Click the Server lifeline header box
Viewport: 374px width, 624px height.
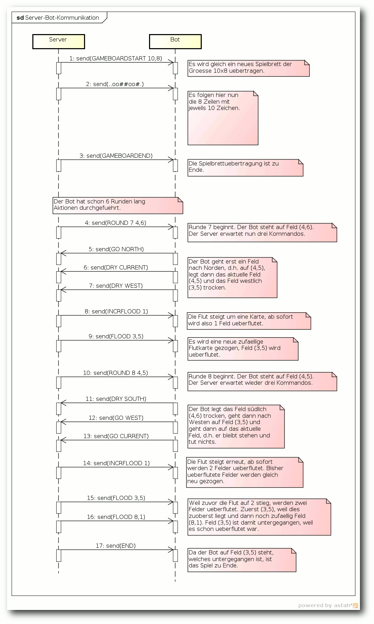click(58, 41)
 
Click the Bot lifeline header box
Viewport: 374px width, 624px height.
click(175, 41)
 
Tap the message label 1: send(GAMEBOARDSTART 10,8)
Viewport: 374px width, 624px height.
click(116, 58)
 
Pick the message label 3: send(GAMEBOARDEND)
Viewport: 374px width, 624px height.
click(116, 156)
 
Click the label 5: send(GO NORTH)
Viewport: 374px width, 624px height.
click(116, 249)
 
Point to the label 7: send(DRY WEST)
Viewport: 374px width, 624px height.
click(116, 286)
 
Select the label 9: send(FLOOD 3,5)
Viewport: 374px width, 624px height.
click(116, 336)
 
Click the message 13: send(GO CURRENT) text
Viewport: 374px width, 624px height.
click(116, 436)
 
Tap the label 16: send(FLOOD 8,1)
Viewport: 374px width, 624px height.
click(116, 517)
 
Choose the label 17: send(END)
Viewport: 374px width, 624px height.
click(116, 546)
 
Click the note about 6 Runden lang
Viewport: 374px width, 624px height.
click(117, 205)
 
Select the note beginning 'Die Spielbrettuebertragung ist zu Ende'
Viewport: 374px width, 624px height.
click(245, 168)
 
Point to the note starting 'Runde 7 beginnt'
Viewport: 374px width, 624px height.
click(262, 232)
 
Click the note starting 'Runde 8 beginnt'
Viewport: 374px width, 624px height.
click(262, 381)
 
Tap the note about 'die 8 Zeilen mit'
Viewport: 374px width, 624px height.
click(223, 118)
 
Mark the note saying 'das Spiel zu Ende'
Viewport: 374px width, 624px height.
click(241, 560)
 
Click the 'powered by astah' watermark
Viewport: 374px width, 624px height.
click(328, 605)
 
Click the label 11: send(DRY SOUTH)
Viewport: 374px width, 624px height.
click(116, 399)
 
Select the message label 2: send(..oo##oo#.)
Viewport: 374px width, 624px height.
click(115, 84)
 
